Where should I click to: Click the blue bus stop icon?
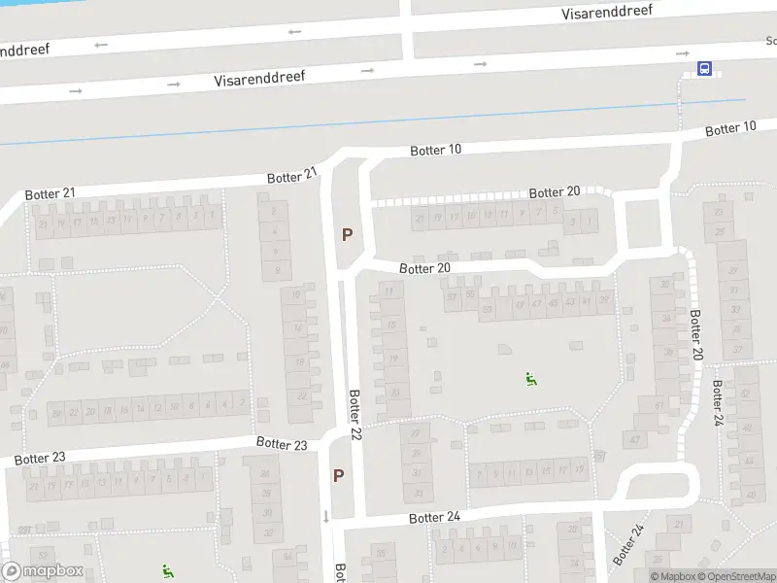[x=704, y=69]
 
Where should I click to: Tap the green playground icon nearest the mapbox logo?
[x=167, y=570]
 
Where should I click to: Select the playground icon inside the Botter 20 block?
[x=531, y=379]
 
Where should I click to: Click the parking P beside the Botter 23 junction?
[x=339, y=475]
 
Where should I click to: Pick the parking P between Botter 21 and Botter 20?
[x=346, y=234]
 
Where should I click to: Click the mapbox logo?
[x=43, y=571]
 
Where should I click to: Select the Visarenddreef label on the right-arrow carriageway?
[x=260, y=78]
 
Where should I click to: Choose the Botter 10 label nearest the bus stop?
[x=730, y=128]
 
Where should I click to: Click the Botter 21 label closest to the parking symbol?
[x=292, y=176]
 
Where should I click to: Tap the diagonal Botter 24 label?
[x=628, y=545]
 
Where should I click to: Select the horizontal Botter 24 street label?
[x=434, y=517]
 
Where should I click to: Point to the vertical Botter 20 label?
[x=695, y=333]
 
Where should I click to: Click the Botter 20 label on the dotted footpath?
[x=555, y=192]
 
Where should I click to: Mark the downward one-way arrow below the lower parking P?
[x=326, y=515]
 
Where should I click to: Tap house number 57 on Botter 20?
[x=451, y=295]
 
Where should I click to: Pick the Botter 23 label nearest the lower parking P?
[x=282, y=443]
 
